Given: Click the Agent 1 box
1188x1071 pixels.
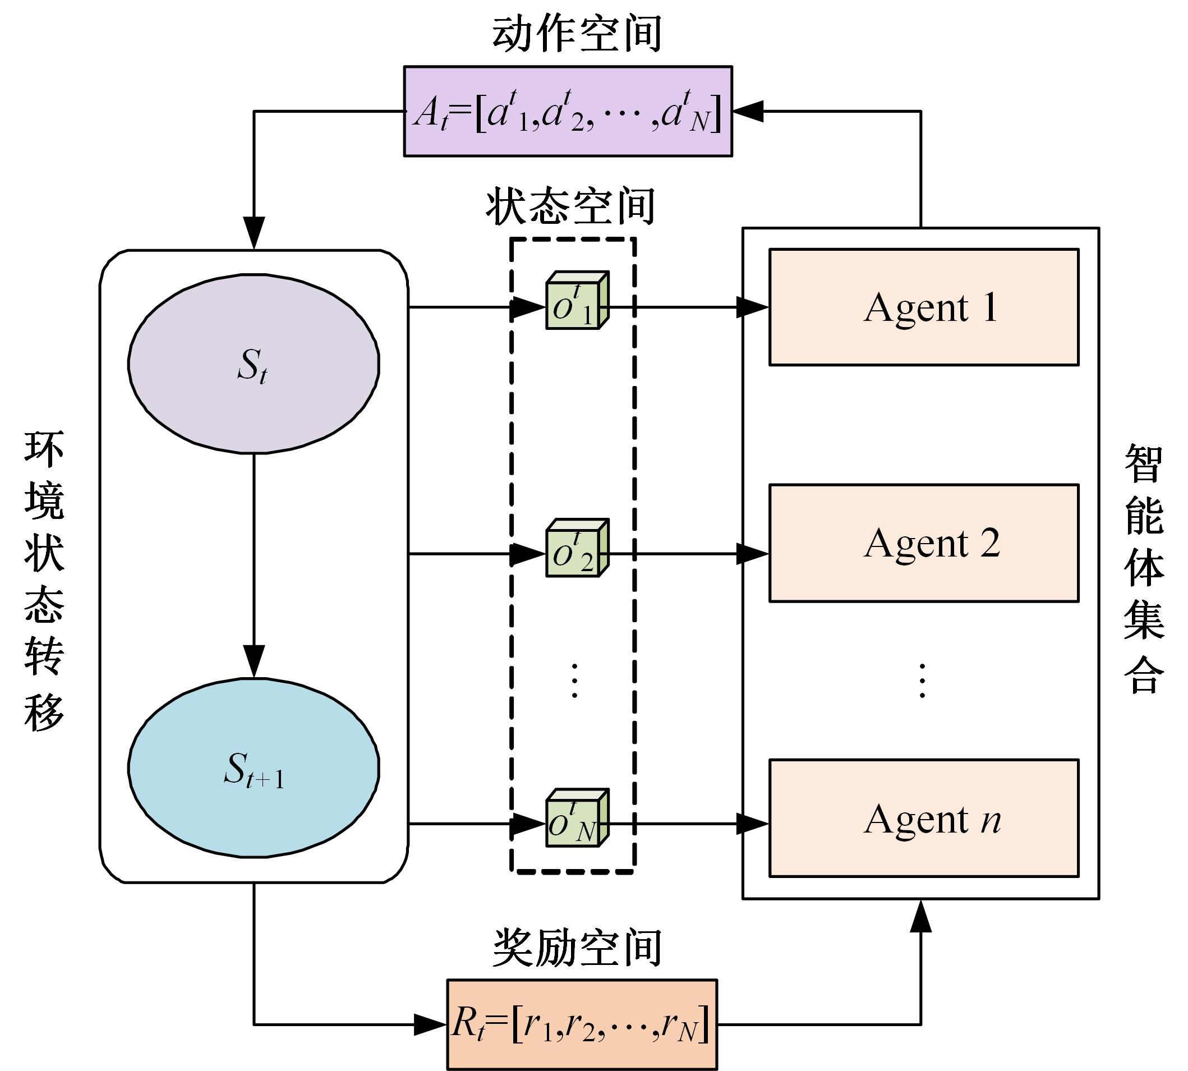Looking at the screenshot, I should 923,307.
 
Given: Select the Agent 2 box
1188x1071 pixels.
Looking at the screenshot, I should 923,543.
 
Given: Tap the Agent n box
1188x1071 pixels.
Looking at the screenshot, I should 923,819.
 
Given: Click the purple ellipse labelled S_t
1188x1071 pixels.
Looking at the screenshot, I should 254,364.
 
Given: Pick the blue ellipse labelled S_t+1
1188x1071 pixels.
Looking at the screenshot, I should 254,768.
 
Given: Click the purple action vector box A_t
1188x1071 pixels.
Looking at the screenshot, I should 568,111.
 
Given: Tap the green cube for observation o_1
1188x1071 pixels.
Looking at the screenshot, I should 575,301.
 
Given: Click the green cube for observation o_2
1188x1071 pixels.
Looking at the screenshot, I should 575,549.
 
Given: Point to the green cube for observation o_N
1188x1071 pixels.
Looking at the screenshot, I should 575,819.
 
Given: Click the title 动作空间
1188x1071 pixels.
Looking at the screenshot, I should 577,34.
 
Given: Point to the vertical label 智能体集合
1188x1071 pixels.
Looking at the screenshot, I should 1144,568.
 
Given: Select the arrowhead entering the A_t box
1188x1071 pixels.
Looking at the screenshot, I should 748,111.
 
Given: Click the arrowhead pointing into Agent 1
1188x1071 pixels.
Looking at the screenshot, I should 753,307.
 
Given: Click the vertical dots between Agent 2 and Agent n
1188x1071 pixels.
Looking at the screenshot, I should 922,681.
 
